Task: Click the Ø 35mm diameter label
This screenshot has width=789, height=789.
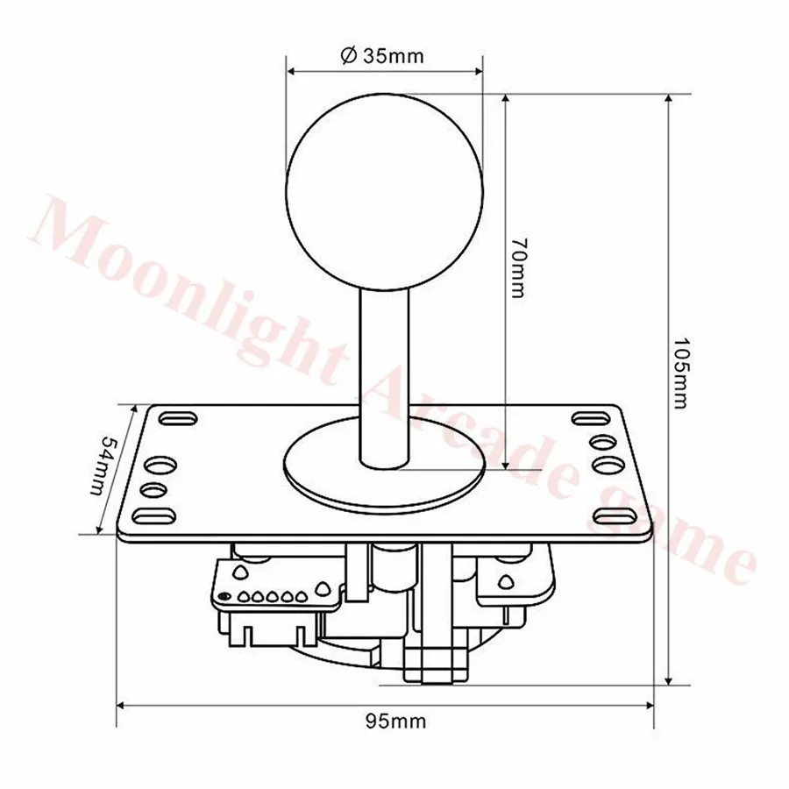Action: tap(382, 55)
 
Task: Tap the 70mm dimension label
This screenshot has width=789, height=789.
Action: tap(516, 267)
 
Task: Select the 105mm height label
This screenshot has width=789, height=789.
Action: tap(679, 373)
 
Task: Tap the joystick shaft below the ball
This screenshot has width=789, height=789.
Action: tap(385, 377)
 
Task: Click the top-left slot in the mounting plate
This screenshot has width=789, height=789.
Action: tap(178, 419)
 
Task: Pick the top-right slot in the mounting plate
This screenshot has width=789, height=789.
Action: tap(591, 418)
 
